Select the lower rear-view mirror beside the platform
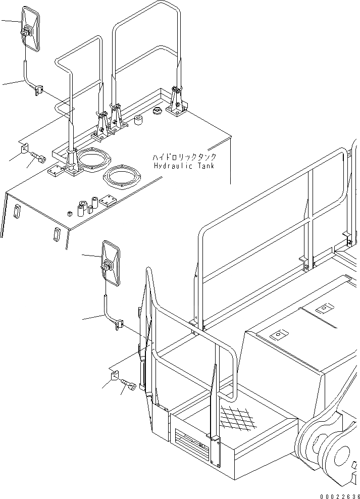click(x=110, y=264)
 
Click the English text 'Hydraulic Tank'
click(x=184, y=166)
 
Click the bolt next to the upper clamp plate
click(x=38, y=158)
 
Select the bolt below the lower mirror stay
click(x=128, y=388)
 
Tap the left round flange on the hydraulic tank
click(x=94, y=160)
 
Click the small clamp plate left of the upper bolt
click(x=24, y=149)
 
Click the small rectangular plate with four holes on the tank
click(x=109, y=201)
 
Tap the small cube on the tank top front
click(x=68, y=213)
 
